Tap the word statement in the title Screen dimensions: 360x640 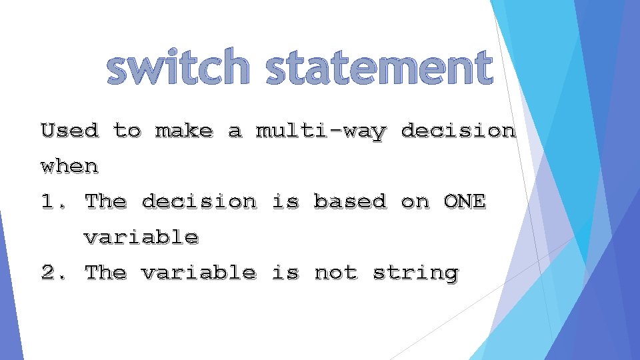pyautogui.click(x=379, y=69)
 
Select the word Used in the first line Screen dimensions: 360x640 pyautogui.click(x=69, y=131)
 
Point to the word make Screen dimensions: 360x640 pyautogui.click(x=184, y=131)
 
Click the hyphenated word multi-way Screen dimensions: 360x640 pyautogui.click(x=321, y=131)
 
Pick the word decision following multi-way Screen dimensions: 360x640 pyautogui.click(x=458, y=131)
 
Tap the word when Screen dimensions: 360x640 pyautogui.click(x=69, y=166)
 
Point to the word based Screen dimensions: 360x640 pyautogui.click(x=350, y=202)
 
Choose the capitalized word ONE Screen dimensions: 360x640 pyautogui.click(x=465, y=202)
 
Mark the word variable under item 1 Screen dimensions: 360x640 pyautogui.click(x=141, y=237)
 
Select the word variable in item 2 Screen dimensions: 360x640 pyautogui.click(x=198, y=273)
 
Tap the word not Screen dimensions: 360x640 pyautogui.click(x=335, y=273)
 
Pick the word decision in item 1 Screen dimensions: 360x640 pyautogui.click(x=198, y=202)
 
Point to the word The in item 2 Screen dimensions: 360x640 pyautogui.click(x=105, y=273)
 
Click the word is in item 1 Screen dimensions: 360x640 pyautogui.click(x=285, y=202)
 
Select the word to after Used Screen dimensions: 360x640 pyautogui.click(x=127, y=131)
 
